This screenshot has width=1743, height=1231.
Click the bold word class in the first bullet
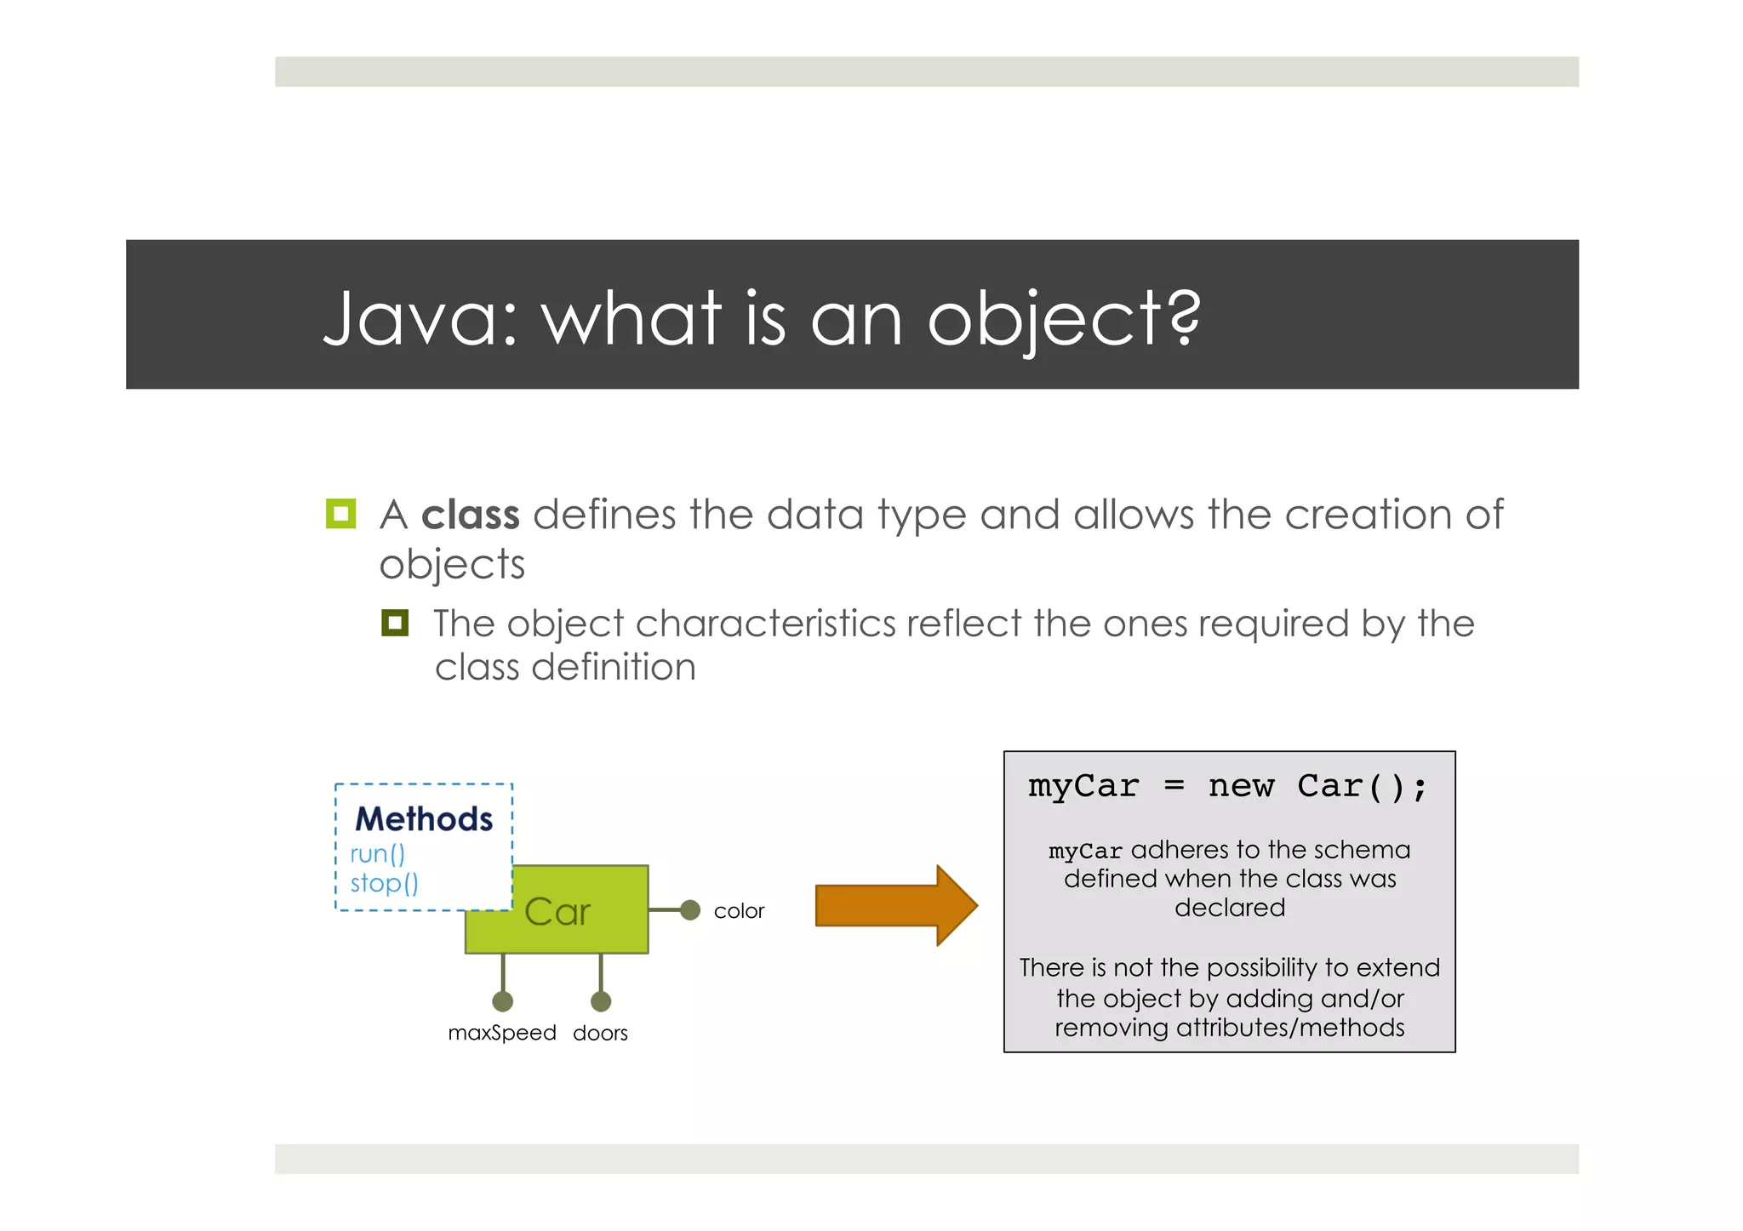pyautogui.click(x=470, y=515)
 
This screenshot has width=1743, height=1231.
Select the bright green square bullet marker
pyautogui.click(x=340, y=514)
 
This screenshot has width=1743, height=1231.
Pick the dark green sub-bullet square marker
pyautogui.click(x=395, y=623)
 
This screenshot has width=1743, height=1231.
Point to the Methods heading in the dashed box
pyautogui.click(x=424, y=819)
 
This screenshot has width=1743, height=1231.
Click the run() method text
pyautogui.click(x=377, y=853)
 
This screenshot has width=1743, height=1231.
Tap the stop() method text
pyautogui.click(x=384, y=883)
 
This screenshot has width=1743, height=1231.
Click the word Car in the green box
pyautogui.click(x=557, y=912)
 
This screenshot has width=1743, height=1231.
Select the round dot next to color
pyautogui.click(x=690, y=910)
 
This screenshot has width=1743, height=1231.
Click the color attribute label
pyautogui.click(x=739, y=911)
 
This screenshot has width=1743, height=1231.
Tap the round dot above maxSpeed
pyautogui.click(x=503, y=1001)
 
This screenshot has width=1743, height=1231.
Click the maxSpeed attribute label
pyautogui.click(x=502, y=1033)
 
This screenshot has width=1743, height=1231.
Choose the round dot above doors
pyautogui.click(x=601, y=1001)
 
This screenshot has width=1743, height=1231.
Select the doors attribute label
pyautogui.click(x=600, y=1033)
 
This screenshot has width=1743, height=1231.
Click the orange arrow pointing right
pyautogui.click(x=894, y=905)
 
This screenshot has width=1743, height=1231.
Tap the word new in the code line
pyautogui.click(x=1241, y=785)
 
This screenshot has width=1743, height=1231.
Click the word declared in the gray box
pyautogui.click(x=1229, y=908)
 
